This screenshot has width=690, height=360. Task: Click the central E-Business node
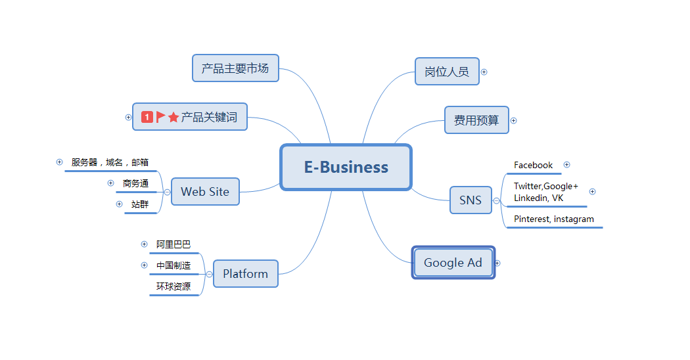[346, 168]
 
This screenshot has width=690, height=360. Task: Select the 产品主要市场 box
[235, 68]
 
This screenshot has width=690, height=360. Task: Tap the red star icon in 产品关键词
[173, 118]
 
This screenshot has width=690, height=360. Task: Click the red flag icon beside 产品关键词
[160, 117]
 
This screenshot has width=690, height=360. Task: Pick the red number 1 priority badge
[147, 117]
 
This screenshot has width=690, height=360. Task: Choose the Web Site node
[205, 192]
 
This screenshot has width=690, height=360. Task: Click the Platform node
[245, 274]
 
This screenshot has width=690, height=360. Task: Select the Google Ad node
[453, 263]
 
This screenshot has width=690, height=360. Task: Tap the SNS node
[471, 200]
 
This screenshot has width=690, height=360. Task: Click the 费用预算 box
[476, 120]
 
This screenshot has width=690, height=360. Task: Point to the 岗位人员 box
[447, 72]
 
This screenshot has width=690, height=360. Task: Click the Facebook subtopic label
[533, 166]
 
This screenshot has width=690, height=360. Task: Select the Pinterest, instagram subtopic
[553, 219]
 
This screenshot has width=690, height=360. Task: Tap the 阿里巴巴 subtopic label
[173, 244]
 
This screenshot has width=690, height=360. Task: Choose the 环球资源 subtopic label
[173, 286]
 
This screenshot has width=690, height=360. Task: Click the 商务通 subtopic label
[135, 183]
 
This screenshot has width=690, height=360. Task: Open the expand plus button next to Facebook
[567, 165]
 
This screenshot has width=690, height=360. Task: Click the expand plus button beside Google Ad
[497, 263]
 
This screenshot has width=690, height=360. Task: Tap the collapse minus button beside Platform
[209, 274]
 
